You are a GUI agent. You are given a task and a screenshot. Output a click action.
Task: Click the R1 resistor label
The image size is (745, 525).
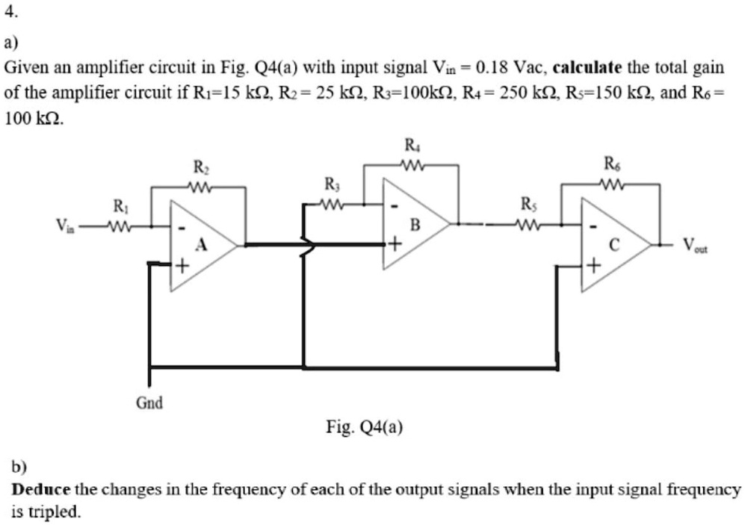(119, 205)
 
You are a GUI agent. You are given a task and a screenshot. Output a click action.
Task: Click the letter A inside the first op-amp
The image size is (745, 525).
(200, 244)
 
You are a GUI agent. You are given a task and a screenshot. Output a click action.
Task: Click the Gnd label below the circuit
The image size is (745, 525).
(149, 403)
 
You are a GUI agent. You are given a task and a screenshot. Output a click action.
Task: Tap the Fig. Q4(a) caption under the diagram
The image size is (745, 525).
(365, 427)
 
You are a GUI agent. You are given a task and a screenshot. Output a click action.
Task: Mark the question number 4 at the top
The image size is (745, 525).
(9, 13)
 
